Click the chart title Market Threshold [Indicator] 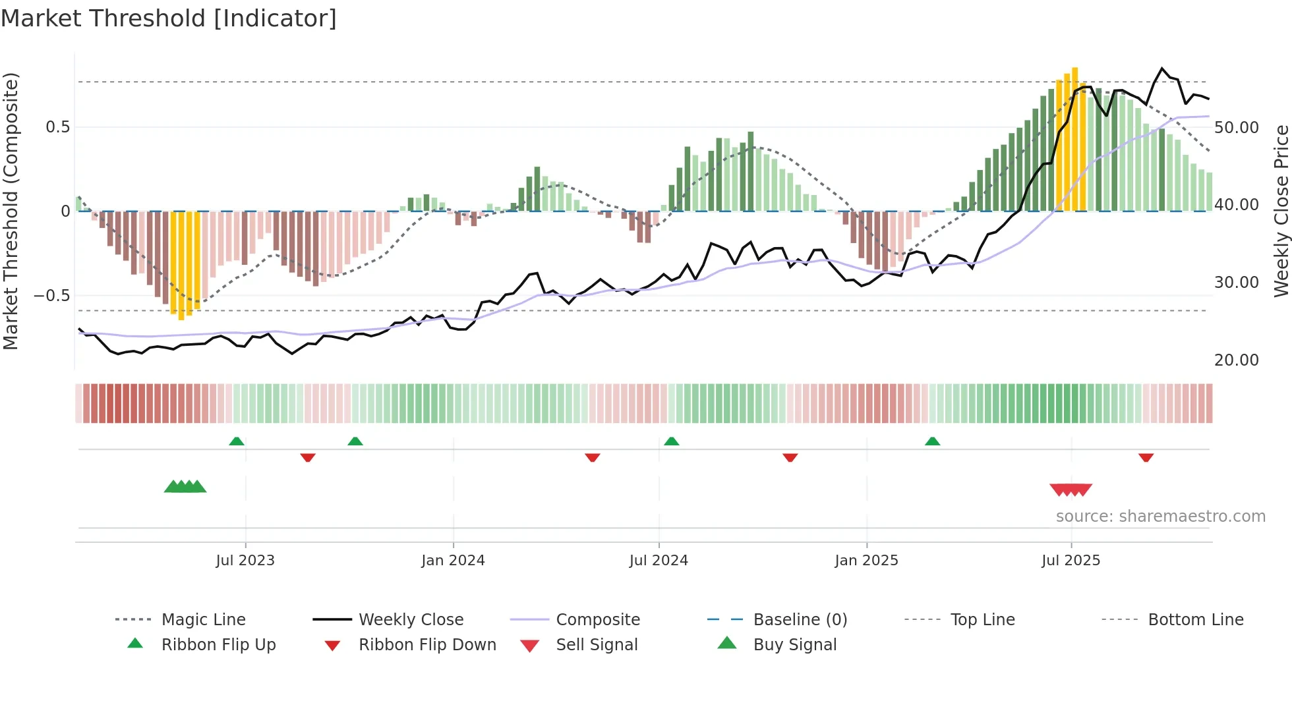tap(169, 18)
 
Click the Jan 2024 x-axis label tap(453, 561)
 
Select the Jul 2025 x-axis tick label tap(1071, 561)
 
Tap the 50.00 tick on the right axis tap(1236, 128)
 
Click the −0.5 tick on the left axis tap(51, 296)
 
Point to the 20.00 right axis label tap(1236, 360)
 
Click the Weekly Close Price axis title tap(1281, 211)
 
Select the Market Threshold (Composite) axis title tap(11, 211)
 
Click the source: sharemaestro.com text tap(1160, 517)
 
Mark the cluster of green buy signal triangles tap(185, 487)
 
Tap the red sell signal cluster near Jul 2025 tap(1071, 489)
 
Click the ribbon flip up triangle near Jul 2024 tap(671, 441)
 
